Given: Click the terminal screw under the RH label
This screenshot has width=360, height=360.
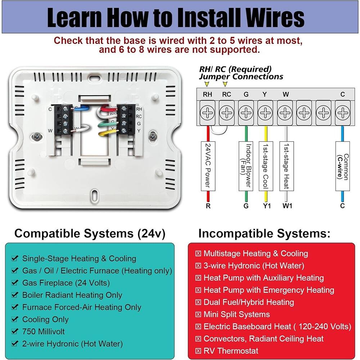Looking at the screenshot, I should coord(207,113).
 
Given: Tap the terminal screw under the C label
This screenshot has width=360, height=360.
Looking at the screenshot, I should coord(342,113).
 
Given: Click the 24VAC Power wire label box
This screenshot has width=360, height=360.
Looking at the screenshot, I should coord(208,166).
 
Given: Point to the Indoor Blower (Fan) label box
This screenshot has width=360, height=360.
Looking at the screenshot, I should coord(246,166).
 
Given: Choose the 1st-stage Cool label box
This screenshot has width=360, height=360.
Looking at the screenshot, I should coord(266,166).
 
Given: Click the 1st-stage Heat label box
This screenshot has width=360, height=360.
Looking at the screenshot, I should coord(285,166).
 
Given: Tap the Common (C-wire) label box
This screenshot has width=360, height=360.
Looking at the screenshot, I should coord(342,166).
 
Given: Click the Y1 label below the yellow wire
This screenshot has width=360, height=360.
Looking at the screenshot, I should coord(266,206).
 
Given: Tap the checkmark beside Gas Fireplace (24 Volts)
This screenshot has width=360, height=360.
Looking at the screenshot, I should coord(15,283).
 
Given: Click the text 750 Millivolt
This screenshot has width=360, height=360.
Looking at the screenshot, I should coord(43,331).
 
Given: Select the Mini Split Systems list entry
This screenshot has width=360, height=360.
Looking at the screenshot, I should coord(237,314).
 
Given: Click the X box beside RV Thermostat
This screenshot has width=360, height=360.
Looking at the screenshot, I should coord(198,351).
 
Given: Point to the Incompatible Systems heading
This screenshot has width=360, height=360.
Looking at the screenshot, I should coord(264,234).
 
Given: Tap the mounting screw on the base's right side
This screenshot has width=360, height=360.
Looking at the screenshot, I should coord(153,136).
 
